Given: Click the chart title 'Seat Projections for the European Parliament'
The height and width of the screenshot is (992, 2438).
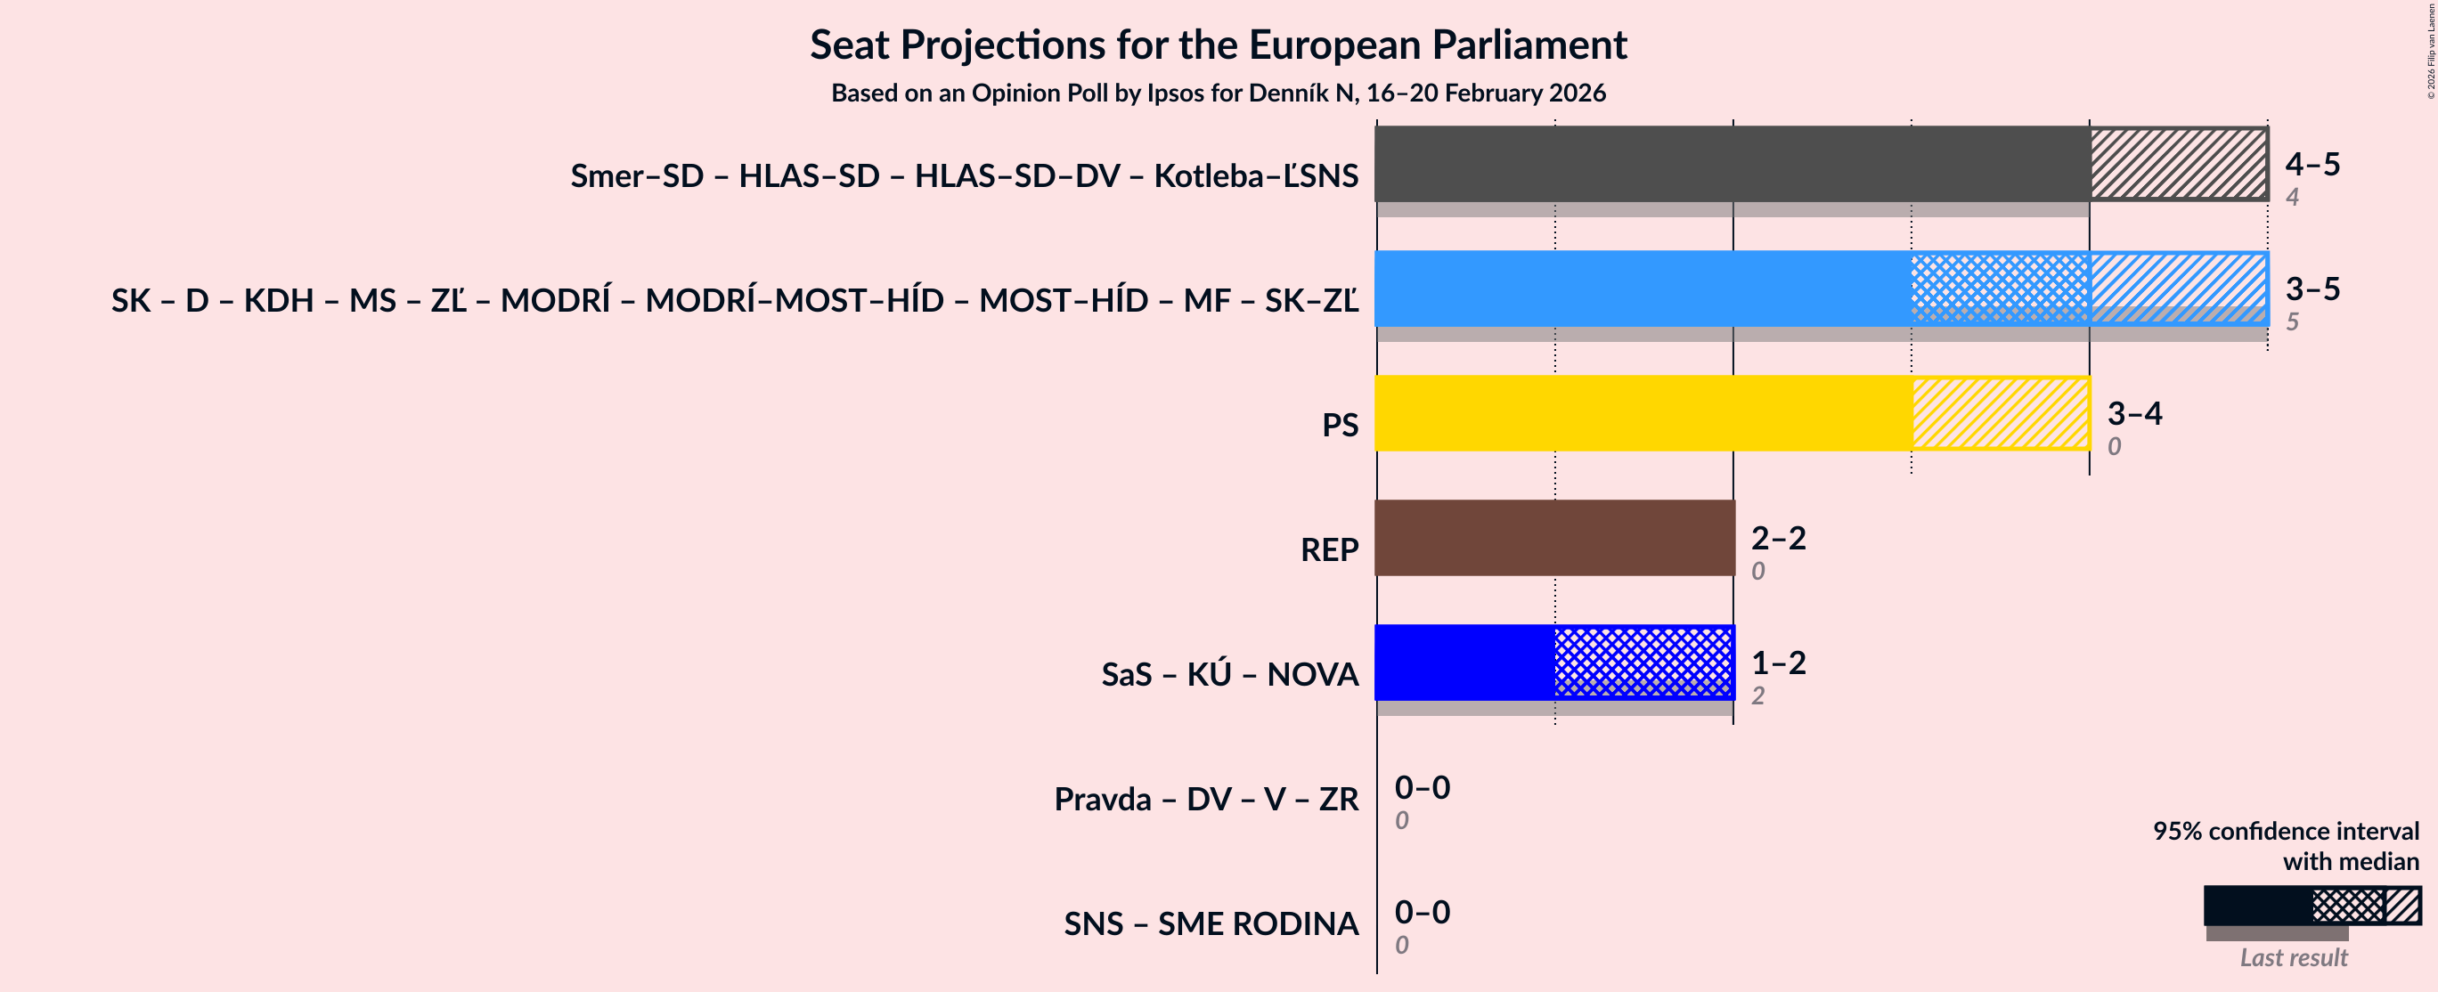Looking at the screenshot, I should [1218, 45].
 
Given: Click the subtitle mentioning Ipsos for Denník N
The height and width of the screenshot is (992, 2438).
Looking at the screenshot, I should [1218, 93].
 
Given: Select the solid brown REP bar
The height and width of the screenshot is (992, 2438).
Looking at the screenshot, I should [1553, 538].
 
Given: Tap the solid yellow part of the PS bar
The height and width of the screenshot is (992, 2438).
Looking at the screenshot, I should [1642, 412].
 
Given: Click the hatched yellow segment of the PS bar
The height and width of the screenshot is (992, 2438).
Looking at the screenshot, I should [2000, 412].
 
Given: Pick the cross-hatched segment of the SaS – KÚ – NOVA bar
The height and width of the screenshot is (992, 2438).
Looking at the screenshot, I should [1643, 662].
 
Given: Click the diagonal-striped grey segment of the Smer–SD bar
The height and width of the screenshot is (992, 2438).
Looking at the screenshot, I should [2178, 164].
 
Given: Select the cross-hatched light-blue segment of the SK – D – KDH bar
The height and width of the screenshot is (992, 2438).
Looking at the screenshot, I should [2000, 288].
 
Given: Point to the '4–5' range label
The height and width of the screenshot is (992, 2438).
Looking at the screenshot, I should [2312, 164].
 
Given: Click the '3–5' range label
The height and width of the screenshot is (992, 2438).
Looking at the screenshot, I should [2312, 288].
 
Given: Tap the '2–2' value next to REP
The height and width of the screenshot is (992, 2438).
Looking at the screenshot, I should [1777, 538].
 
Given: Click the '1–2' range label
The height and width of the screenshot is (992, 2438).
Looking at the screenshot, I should [1777, 662].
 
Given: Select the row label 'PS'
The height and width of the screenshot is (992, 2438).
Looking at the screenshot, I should [1339, 425].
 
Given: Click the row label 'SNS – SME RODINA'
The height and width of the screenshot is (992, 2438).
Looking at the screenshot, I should [1211, 923].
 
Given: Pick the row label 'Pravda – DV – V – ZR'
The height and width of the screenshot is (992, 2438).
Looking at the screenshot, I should [1206, 799].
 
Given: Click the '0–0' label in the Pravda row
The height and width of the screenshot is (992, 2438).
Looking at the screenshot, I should [1422, 786].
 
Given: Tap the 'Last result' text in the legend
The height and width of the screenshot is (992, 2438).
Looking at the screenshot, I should [2292, 957].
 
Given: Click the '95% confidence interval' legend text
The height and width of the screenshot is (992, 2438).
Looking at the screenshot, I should [2285, 830].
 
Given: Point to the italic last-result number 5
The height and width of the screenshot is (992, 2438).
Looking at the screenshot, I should [2291, 321].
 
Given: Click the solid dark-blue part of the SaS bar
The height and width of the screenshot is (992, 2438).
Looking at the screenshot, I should [1464, 662].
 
